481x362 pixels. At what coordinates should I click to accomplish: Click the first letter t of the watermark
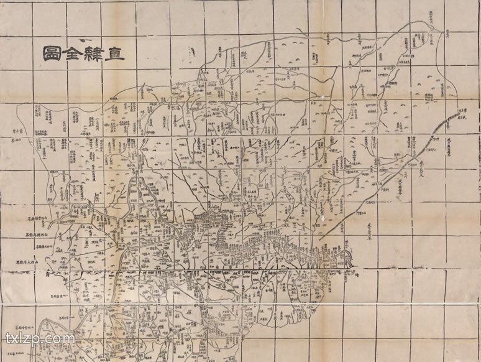coord(8,339)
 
